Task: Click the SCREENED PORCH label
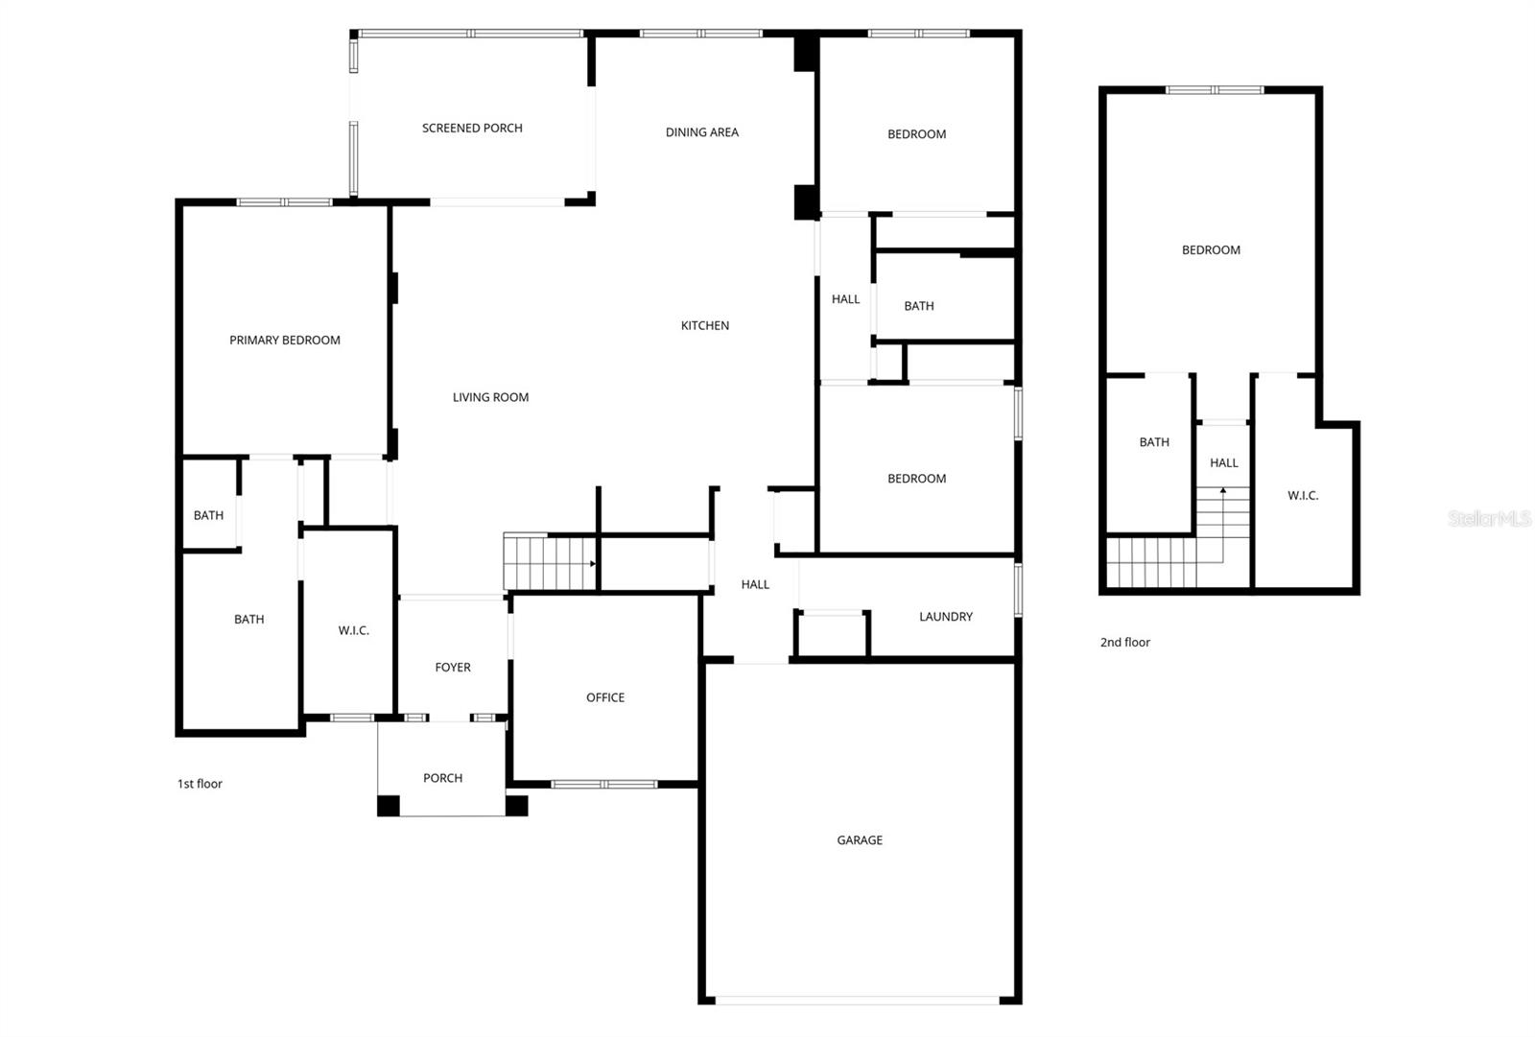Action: click(x=472, y=128)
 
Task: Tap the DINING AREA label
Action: click(x=702, y=132)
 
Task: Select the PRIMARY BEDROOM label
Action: click(x=285, y=340)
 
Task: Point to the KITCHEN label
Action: click(x=705, y=325)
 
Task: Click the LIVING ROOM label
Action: click(x=490, y=397)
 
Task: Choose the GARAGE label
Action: click(x=860, y=840)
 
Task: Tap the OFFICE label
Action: click(x=605, y=697)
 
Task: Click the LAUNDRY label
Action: click(x=946, y=617)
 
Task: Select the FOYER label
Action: click(x=453, y=668)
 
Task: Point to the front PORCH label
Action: click(x=442, y=778)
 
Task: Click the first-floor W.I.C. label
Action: click(x=353, y=630)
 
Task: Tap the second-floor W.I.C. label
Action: click(x=1303, y=495)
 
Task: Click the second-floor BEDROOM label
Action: click(x=1211, y=250)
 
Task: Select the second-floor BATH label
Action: click(x=1154, y=442)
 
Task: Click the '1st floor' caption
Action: click(x=200, y=784)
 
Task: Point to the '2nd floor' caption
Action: click(x=1124, y=643)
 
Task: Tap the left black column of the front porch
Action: click(x=388, y=806)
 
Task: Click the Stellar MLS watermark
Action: click(x=1489, y=519)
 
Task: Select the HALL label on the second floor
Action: click(x=1224, y=462)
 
